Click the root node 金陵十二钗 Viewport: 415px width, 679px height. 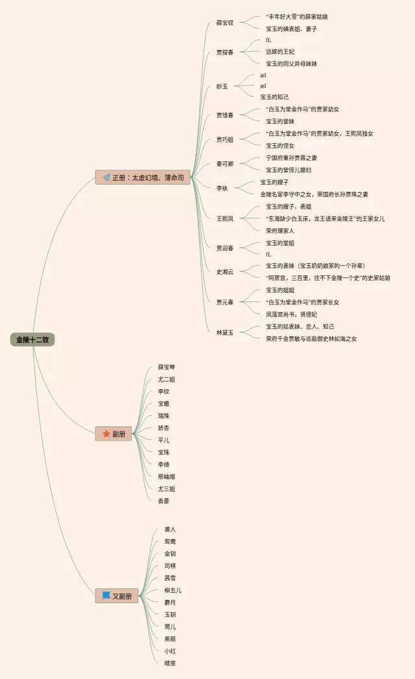pos(32,339)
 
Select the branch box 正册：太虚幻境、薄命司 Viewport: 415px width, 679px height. pos(143,178)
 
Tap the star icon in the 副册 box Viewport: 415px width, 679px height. pos(106,434)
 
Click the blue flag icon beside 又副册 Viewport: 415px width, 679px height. pos(106,596)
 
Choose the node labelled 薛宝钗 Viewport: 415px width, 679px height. pos(225,23)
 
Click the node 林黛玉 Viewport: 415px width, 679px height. pos(225,332)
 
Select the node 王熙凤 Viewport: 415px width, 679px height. pos(225,218)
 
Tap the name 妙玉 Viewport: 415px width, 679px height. pos(222,86)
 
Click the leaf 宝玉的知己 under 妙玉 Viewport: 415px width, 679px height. pos(275,97)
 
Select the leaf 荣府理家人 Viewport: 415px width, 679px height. pos(285,231)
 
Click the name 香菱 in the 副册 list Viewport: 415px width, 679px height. pos(164,501)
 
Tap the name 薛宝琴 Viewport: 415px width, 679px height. pos(167,367)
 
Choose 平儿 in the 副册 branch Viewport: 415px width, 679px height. pos(164,440)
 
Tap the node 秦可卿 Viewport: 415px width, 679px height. pos(225,164)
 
